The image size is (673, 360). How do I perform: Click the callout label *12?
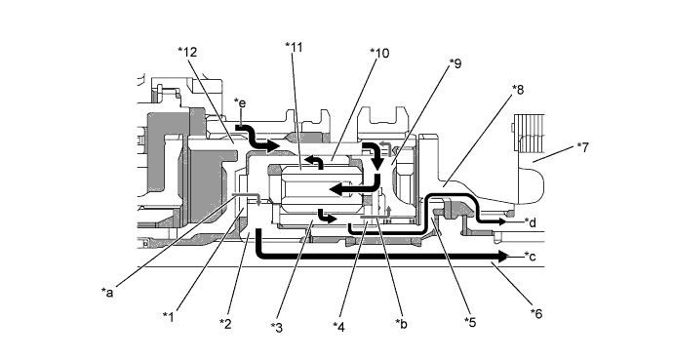click(187, 52)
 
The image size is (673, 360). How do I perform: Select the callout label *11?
click(294, 47)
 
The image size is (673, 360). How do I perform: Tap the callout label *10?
click(379, 54)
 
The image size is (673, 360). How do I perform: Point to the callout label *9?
click(455, 63)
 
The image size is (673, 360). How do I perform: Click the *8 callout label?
click(518, 90)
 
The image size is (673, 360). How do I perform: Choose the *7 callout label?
click(583, 147)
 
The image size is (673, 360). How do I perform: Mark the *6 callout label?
click(536, 314)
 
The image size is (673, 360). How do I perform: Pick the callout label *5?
click(470, 322)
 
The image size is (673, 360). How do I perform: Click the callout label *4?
click(338, 327)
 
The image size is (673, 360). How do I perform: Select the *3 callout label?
click(277, 328)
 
